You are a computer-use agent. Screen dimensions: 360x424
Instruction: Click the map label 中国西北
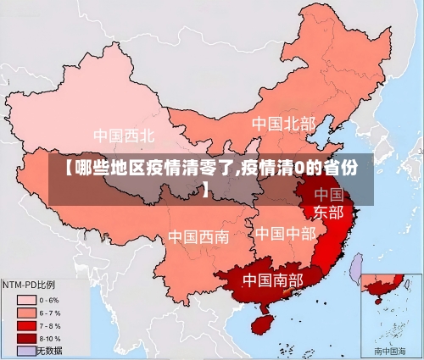124,135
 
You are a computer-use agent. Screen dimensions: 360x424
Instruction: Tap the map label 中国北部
282,124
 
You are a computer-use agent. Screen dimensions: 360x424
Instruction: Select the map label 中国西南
198,236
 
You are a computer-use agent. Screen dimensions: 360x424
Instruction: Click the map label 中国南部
272,279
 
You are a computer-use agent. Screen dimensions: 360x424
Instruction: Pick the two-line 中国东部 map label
329,202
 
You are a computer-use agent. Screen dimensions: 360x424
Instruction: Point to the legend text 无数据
50,351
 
